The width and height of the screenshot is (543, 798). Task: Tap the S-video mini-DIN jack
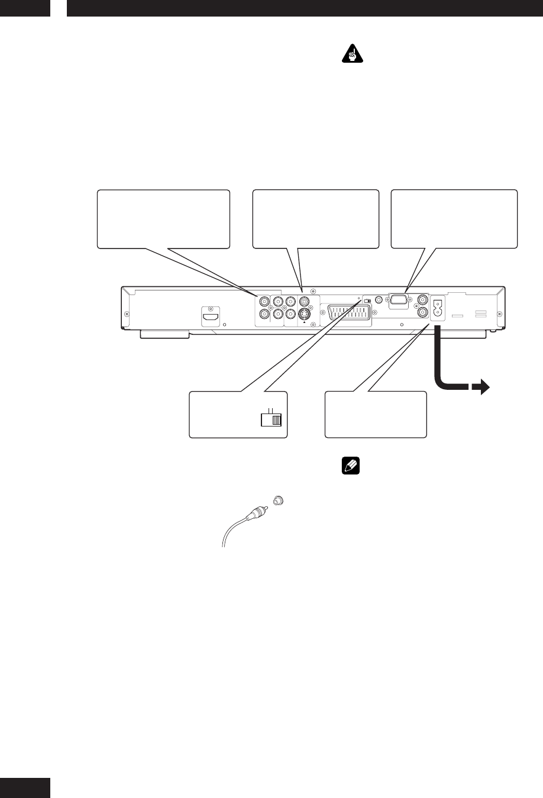point(304,314)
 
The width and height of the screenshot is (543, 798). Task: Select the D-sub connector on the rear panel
point(399,300)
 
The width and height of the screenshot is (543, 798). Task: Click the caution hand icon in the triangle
point(353,56)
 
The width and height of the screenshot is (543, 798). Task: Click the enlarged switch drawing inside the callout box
point(272,419)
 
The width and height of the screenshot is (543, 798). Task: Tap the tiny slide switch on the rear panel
point(367,301)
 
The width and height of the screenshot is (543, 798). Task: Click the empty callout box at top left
point(163,219)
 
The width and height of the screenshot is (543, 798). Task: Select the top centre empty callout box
point(315,219)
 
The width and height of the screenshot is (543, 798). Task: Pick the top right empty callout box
point(454,219)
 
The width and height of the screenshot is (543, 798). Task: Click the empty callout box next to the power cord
point(376,414)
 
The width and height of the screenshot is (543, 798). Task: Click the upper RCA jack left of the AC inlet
point(422,301)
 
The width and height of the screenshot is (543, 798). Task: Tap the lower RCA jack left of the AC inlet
point(422,314)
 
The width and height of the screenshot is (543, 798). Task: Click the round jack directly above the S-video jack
point(304,301)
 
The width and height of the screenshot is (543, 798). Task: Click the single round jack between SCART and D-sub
point(379,301)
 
